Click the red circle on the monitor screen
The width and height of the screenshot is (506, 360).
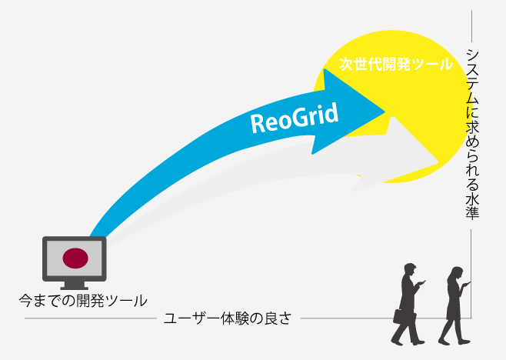(75, 258)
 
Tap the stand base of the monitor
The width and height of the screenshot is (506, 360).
(75, 285)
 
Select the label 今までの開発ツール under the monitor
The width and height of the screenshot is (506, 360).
(82, 299)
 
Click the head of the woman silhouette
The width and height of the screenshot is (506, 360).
(455, 274)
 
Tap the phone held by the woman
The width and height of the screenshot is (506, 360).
(467, 284)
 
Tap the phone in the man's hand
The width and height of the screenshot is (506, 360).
(421, 283)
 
